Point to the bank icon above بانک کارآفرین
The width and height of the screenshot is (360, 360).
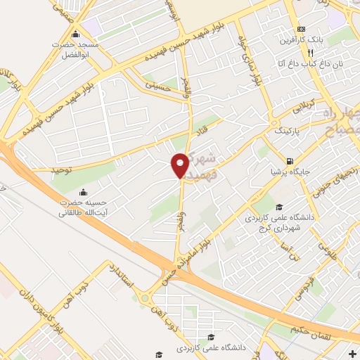[x=302, y=29]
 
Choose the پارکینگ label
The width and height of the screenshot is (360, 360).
[x=286, y=131]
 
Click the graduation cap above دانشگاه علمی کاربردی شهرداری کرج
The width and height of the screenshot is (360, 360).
[x=279, y=207]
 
